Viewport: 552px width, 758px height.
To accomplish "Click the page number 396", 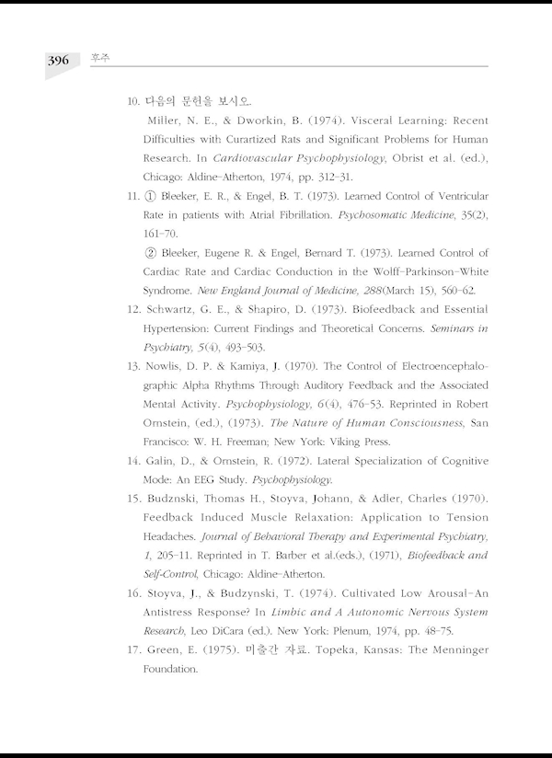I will point(59,61).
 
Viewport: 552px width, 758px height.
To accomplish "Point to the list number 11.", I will point(130,197).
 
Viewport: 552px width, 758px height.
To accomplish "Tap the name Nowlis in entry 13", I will point(166,366).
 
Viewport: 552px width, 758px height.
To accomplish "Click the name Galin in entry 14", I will point(160,461).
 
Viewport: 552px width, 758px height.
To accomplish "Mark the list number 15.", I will point(130,499).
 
